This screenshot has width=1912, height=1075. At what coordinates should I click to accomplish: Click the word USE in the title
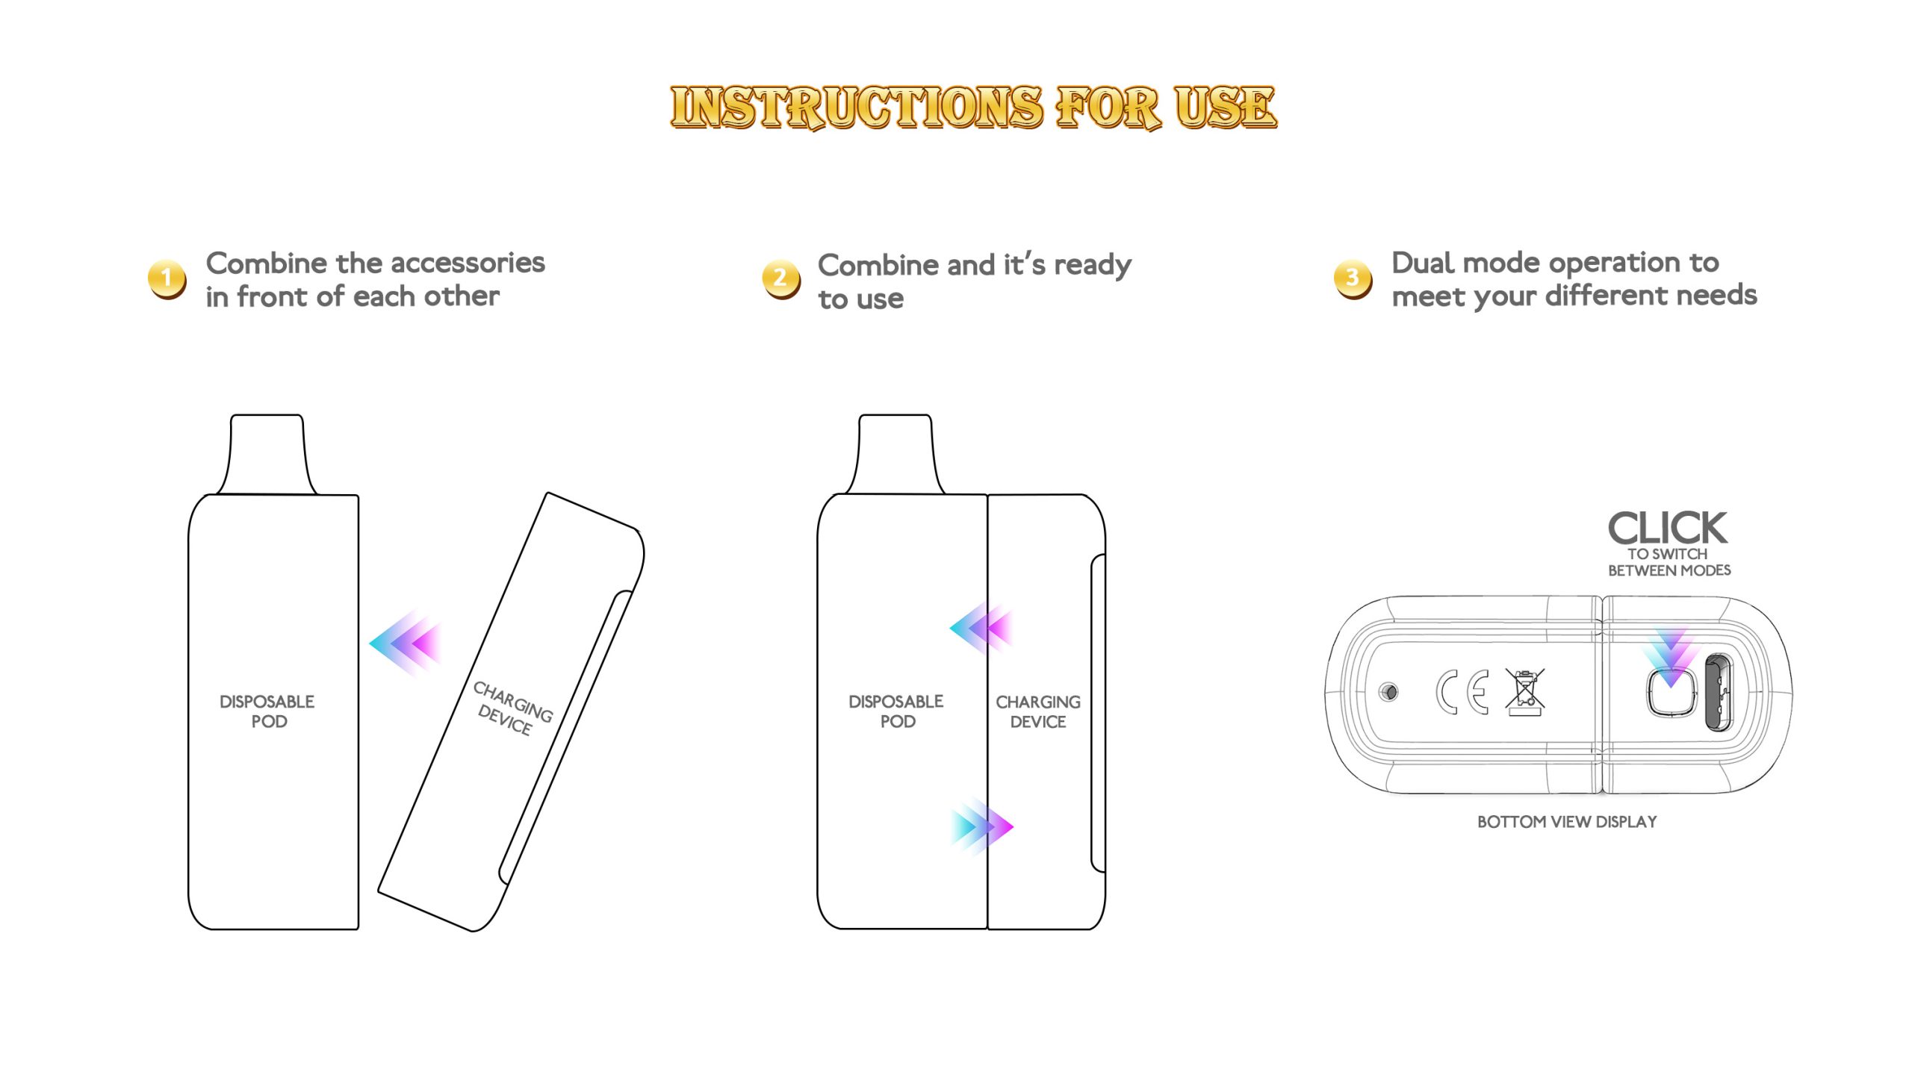point(1225,107)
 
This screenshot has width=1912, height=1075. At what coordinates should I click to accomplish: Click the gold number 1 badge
point(167,279)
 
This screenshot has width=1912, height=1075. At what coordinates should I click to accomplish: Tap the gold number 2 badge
point(780,279)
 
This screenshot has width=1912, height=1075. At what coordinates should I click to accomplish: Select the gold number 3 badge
point(1353,279)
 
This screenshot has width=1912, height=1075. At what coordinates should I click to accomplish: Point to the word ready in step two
point(1092,266)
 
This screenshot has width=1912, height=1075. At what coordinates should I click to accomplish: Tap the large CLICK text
point(1667,529)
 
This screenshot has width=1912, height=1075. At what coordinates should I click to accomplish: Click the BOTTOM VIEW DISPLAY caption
point(1566,822)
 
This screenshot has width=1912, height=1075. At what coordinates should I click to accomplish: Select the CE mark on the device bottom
point(1462,692)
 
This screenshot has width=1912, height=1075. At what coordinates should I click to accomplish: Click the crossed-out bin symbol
point(1524,692)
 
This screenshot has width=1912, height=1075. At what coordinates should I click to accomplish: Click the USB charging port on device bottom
point(1718,692)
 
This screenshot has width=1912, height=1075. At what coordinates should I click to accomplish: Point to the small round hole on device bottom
point(1388,692)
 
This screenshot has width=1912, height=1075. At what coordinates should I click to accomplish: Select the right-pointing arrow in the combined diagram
point(982,826)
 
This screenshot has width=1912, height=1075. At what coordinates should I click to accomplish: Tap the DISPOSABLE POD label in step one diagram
point(267,711)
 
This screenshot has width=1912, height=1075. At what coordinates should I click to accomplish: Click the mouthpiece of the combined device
point(895,454)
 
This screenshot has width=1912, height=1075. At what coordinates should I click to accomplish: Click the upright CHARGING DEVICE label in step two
point(1037,711)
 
